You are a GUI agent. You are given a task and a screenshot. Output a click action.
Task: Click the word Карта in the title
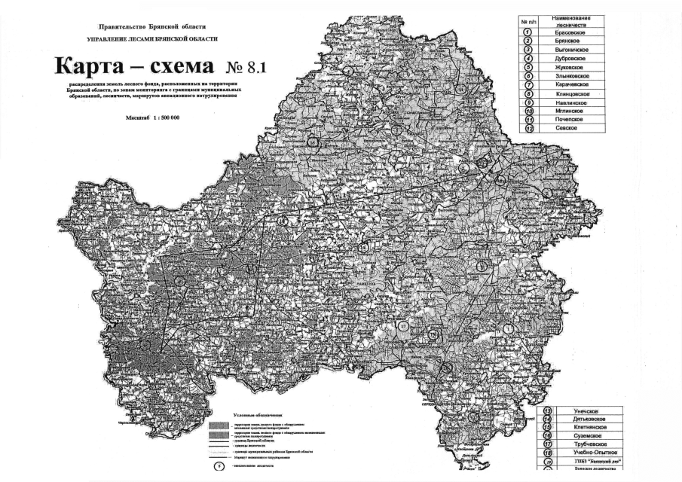98,66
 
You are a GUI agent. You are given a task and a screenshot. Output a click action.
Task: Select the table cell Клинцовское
570,94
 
